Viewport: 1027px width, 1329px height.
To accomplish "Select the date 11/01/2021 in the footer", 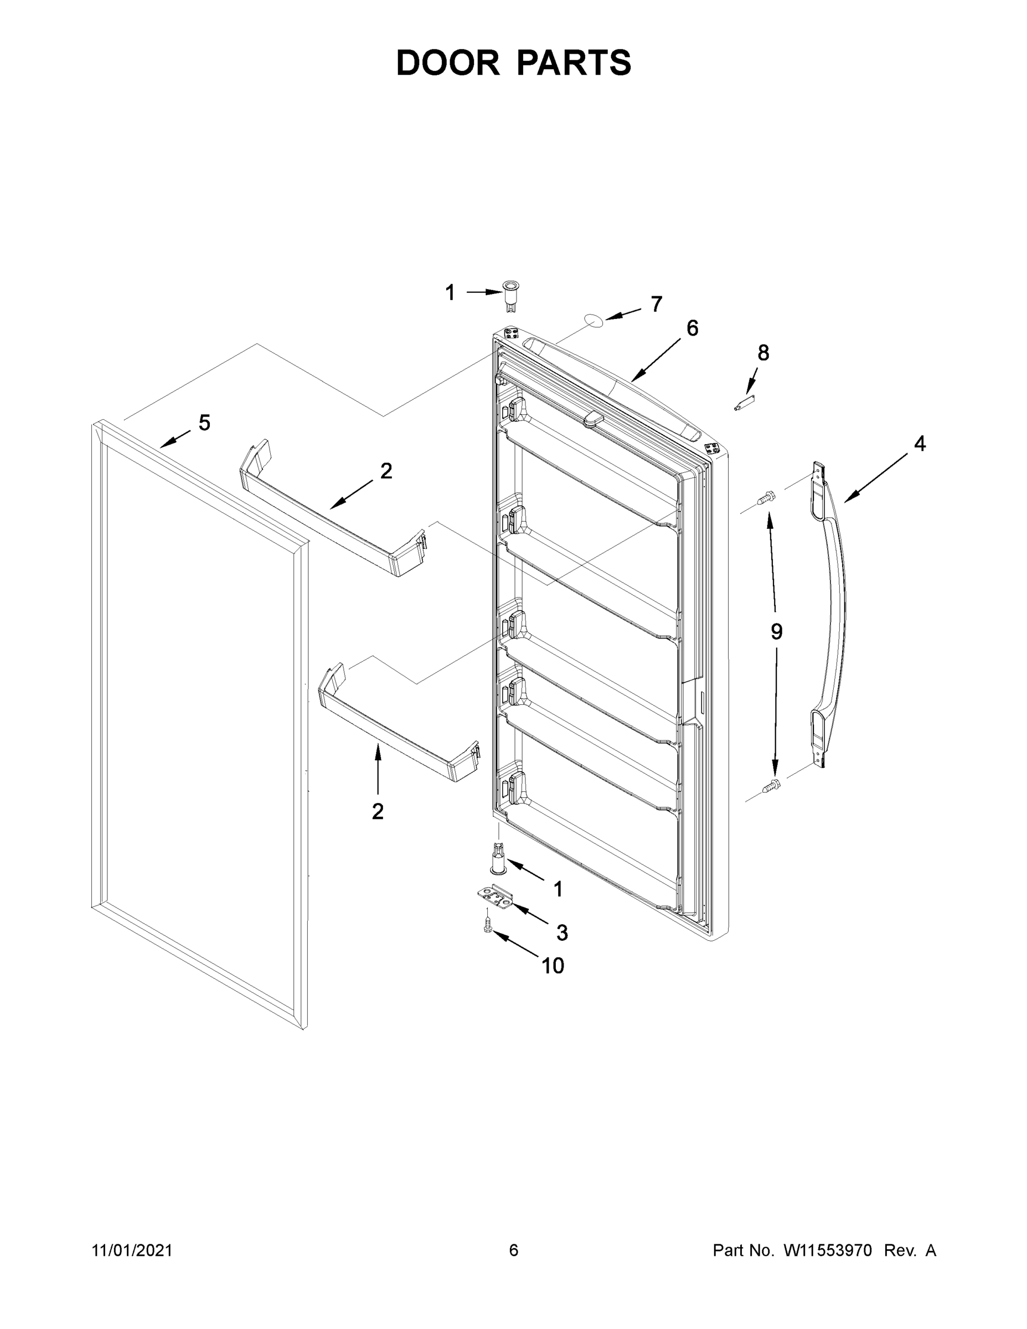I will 132,1250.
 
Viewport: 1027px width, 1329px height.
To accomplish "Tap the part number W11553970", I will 828,1250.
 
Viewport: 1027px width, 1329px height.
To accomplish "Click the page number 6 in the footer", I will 514,1250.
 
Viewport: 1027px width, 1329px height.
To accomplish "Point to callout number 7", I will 656,304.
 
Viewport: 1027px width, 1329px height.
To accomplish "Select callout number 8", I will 763,353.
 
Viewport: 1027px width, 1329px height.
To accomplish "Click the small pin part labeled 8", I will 744,404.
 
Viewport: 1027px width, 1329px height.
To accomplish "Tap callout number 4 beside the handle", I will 919,444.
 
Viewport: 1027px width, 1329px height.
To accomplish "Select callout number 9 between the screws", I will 776,632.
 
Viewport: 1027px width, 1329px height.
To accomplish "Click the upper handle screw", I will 765,498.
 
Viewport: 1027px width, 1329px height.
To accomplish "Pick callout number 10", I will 553,966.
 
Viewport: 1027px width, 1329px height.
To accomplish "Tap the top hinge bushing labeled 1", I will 509,296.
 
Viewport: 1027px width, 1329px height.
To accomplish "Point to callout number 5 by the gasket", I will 204,423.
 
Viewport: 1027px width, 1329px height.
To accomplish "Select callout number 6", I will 693,328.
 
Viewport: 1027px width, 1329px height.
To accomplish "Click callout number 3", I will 562,933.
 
